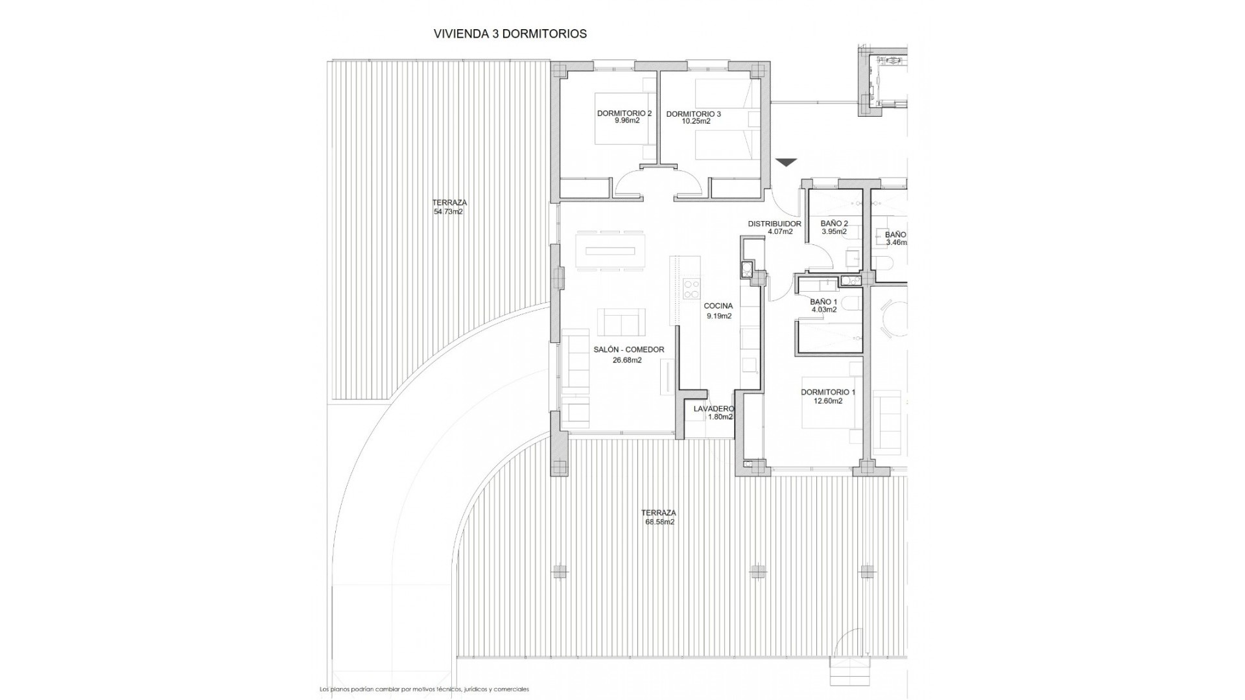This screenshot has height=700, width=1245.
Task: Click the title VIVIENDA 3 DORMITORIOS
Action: [x=510, y=34]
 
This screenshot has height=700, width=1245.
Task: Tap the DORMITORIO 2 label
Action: [x=624, y=113]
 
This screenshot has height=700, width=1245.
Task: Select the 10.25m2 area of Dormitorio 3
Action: [x=696, y=121]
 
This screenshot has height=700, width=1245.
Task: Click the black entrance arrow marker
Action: [x=786, y=162]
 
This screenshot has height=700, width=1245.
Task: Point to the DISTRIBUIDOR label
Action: [x=774, y=224]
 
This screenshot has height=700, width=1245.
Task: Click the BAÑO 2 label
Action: [x=834, y=224]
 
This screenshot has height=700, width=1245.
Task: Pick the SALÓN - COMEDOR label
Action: [x=628, y=350]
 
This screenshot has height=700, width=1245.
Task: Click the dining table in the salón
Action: [x=610, y=251]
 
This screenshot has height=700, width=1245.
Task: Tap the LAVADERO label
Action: [x=713, y=409]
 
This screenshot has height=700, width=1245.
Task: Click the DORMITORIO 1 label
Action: [x=828, y=392]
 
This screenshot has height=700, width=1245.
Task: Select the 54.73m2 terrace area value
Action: [x=448, y=211]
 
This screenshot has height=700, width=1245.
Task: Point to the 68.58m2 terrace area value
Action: [x=659, y=522]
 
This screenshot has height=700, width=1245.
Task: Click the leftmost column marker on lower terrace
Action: [x=559, y=572]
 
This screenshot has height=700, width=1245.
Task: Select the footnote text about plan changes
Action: [x=424, y=689]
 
